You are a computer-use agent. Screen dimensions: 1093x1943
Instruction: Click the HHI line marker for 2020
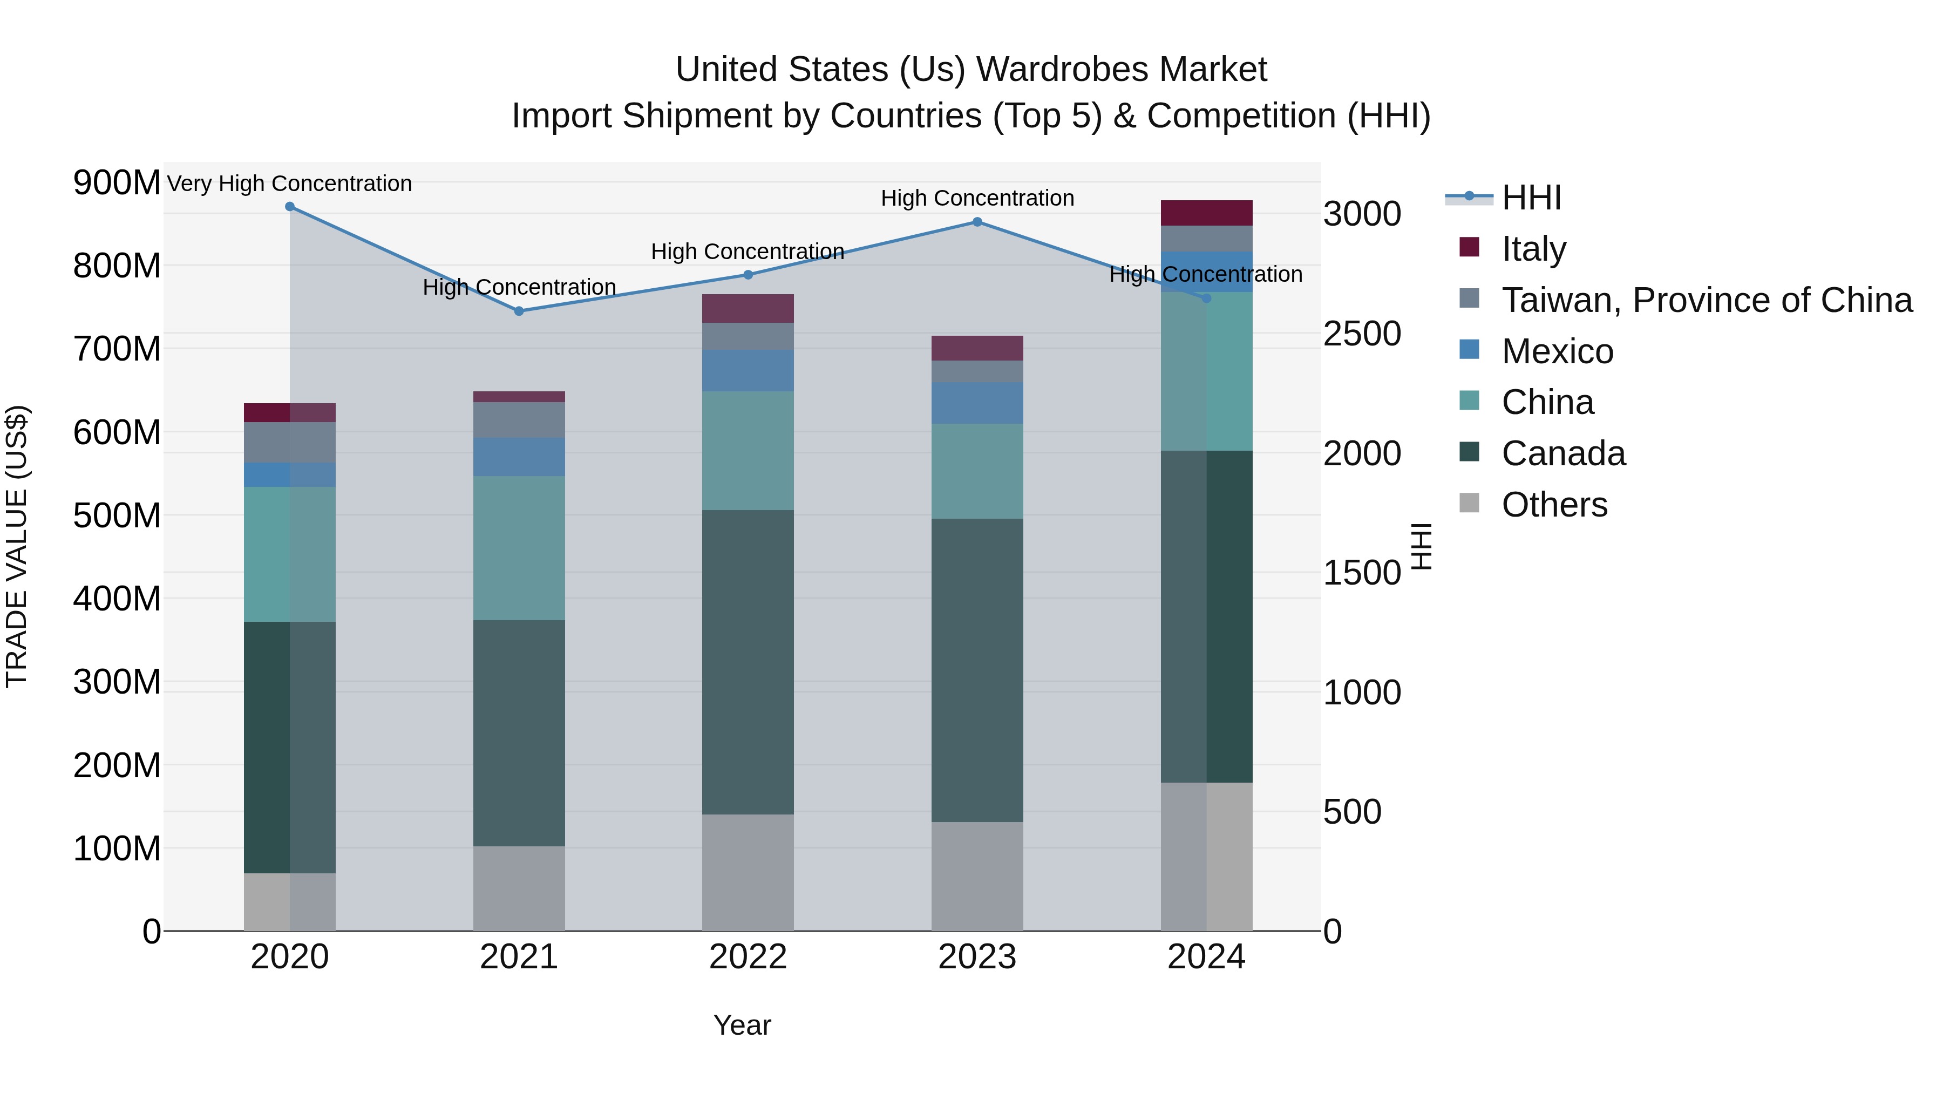290,207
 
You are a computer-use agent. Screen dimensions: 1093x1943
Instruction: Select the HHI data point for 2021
519,311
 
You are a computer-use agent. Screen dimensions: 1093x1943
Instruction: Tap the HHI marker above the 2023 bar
977,222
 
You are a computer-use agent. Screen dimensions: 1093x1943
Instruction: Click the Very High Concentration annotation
290,184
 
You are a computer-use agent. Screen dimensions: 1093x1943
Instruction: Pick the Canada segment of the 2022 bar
748,662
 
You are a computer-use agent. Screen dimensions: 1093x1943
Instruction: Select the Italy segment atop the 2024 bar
1206,213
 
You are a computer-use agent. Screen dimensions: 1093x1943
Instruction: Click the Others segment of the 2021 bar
519,888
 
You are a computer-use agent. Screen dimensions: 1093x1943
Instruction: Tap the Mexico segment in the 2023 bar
977,402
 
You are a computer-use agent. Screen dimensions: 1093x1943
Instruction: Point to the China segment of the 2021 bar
519,548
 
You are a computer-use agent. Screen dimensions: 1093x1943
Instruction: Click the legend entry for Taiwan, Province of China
1706,300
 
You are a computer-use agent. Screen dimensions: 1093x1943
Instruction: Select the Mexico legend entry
1557,351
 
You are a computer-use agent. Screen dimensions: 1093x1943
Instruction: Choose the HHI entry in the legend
1531,198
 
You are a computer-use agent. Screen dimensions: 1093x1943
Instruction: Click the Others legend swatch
1469,503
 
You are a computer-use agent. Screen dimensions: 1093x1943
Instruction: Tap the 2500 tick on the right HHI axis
1362,334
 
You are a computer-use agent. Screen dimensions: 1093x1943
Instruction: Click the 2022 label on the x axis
748,957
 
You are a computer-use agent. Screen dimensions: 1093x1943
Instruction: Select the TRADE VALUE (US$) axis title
17,547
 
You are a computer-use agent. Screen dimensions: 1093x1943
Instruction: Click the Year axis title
742,1025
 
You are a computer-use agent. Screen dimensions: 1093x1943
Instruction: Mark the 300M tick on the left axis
117,682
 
